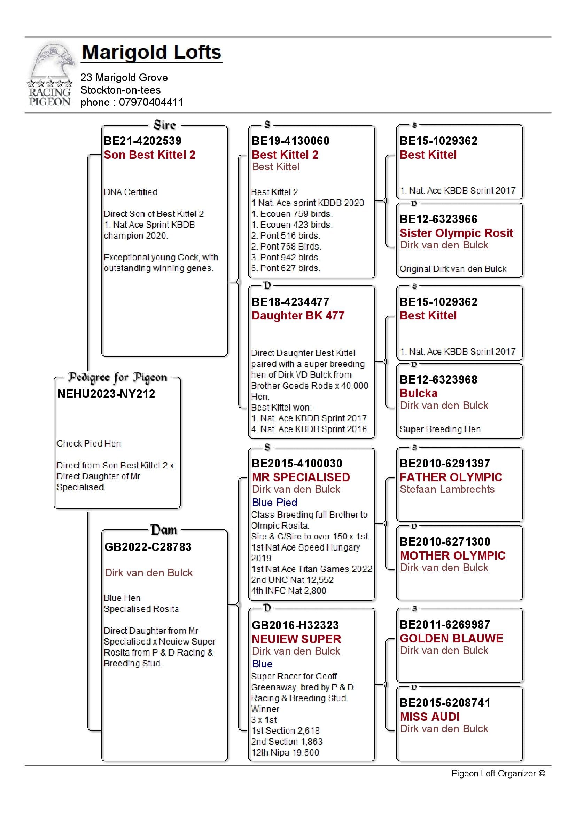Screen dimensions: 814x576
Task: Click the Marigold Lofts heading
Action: [151, 53]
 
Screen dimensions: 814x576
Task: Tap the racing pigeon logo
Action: [50, 75]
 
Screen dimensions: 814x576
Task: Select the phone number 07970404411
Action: [151, 102]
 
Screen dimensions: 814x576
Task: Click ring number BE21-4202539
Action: [142, 141]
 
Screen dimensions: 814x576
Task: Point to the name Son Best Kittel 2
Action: [149, 155]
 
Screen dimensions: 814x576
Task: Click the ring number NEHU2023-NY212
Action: [107, 394]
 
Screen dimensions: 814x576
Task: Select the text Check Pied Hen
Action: [89, 443]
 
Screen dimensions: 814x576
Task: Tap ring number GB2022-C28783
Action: [148, 547]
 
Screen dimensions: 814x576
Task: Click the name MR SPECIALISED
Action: [301, 477]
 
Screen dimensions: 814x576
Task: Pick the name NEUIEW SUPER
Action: [296, 639]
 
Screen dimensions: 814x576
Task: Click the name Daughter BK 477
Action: [298, 316]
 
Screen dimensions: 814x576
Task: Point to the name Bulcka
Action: [419, 393]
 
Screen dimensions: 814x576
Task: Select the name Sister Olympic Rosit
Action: [456, 233]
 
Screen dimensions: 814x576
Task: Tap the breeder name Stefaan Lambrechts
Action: [447, 489]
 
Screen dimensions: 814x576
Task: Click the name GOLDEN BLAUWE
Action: [451, 638]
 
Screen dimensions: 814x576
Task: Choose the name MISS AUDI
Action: [429, 717]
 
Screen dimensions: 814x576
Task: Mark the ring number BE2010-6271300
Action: [445, 542]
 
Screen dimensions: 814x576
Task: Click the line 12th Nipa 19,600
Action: [285, 752]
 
